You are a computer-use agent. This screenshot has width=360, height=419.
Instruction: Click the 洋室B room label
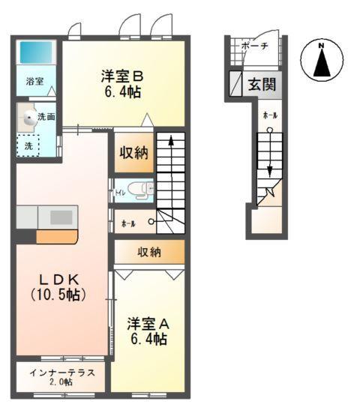point(121,76)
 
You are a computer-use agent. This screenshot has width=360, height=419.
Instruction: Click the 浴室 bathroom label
point(34,81)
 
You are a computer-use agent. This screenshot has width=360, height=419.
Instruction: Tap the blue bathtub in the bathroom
point(35,52)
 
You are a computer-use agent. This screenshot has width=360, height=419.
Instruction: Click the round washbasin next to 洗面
point(29,117)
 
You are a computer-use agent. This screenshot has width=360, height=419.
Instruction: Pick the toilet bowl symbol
point(139,190)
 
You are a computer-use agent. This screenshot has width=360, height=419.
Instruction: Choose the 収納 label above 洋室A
point(148,253)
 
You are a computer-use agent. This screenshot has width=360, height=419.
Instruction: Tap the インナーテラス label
point(61,373)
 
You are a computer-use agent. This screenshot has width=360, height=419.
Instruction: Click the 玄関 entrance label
point(262,84)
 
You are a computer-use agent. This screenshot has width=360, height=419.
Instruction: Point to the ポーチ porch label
point(254,46)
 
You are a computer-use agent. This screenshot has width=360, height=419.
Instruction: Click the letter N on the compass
point(321,46)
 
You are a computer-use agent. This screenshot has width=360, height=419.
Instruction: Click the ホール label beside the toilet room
point(127,223)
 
